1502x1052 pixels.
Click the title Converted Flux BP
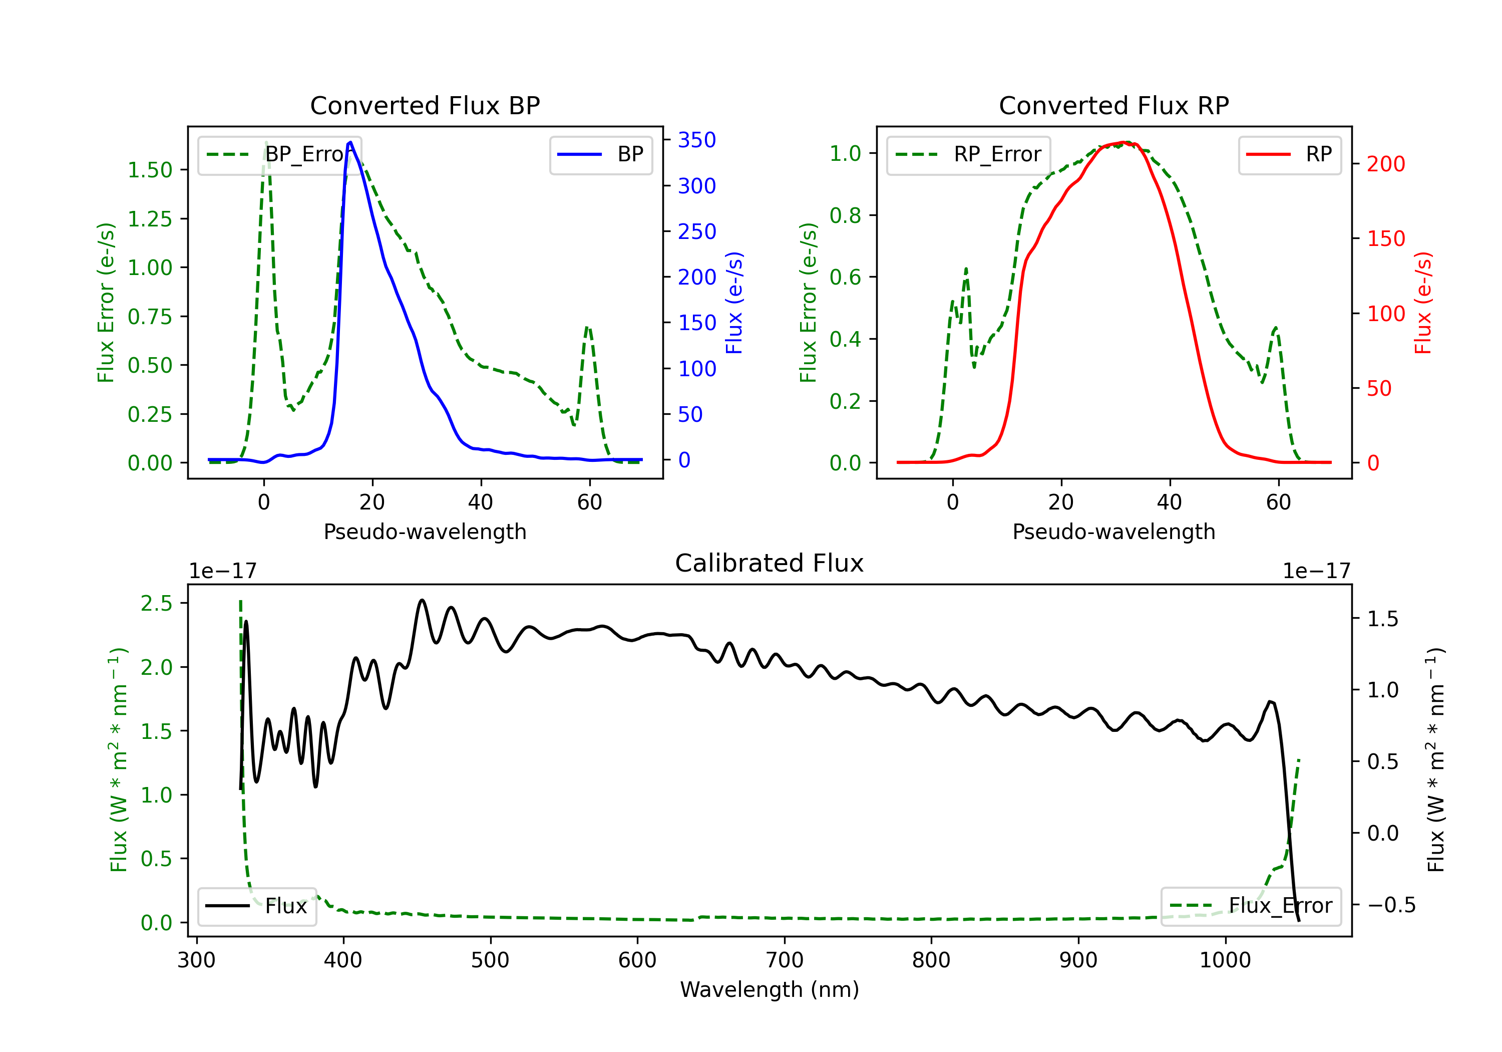pos(425,105)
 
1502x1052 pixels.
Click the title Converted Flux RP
pos(1113,105)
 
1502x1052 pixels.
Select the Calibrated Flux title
pos(770,563)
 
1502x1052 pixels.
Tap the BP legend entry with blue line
pos(600,154)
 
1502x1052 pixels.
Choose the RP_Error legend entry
pos(968,154)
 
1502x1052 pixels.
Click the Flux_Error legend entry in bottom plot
pos(1251,906)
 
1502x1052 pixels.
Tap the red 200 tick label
pos(1385,164)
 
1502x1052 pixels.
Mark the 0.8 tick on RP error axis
pos(845,215)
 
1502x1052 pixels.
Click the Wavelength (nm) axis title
pos(770,989)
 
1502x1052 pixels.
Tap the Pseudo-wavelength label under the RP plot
pos(1113,532)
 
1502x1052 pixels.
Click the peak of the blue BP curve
pos(350,142)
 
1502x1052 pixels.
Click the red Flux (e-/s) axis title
pos(1422,303)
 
